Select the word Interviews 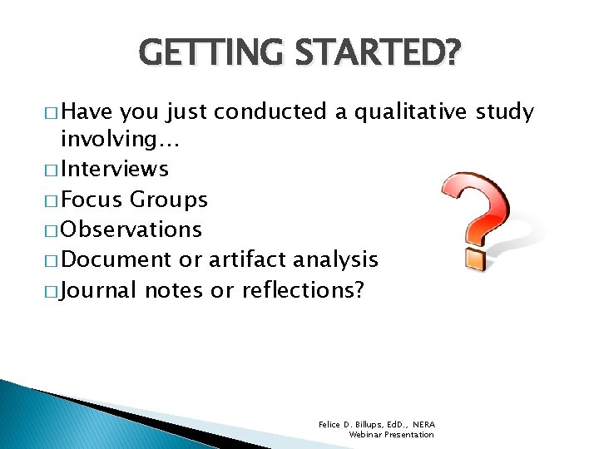(115, 170)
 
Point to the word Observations (131, 229)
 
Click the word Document (116, 259)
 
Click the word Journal (100, 290)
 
